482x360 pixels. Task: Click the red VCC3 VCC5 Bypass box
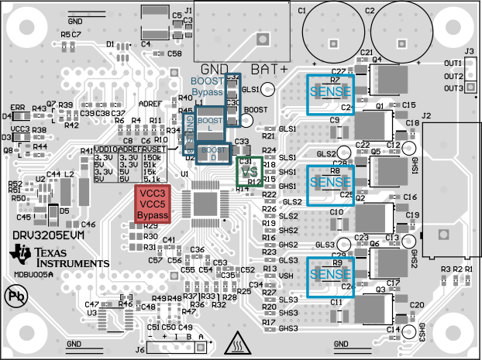click(x=152, y=203)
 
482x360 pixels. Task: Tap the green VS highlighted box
click(x=249, y=171)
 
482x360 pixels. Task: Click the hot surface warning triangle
click(x=236, y=341)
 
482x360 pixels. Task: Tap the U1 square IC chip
click(x=205, y=203)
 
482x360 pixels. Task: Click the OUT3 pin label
click(x=453, y=88)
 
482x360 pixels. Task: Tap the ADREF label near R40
click(x=150, y=103)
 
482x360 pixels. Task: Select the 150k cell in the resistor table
click(x=153, y=157)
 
